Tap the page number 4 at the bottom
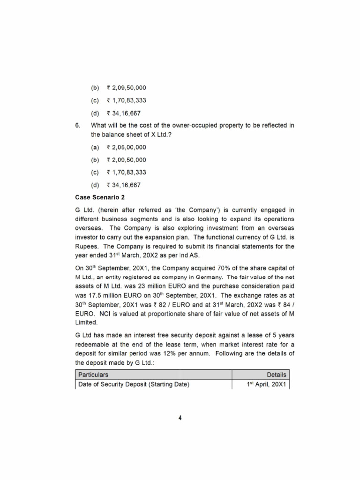tap(180, 419)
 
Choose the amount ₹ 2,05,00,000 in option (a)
tap(126, 147)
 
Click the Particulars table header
tap(93, 375)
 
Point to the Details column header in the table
tap(276, 375)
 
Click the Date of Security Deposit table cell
tap(134, 385)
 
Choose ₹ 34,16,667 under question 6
tap(123, 185)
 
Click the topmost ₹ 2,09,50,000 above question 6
tap(126, 88)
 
